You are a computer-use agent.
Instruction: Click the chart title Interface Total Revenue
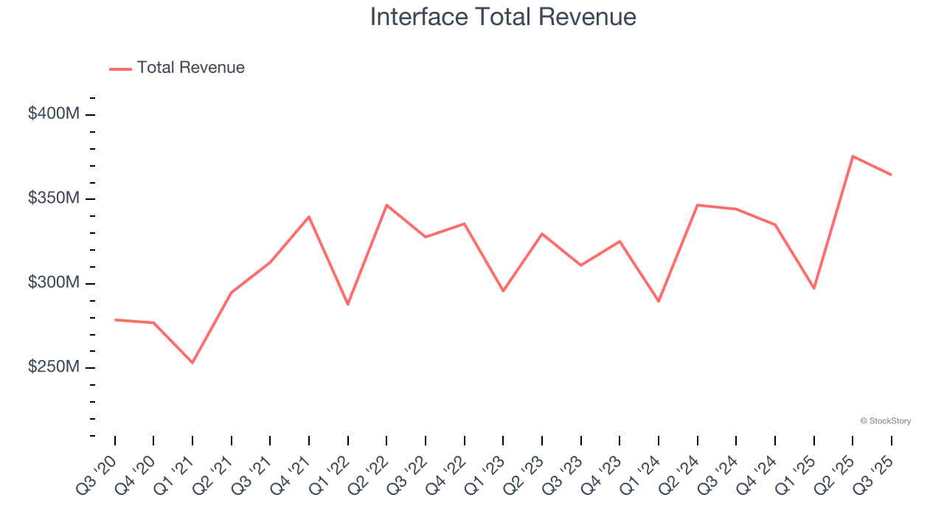point(503,17)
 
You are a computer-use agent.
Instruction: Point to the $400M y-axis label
point(53,114)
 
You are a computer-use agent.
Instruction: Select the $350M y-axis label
point(53,199)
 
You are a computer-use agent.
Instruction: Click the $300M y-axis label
point(53,284)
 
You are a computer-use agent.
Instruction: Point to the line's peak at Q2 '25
point(853,156)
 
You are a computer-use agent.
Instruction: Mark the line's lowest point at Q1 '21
point(192,363)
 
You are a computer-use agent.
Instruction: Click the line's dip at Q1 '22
point(348,304)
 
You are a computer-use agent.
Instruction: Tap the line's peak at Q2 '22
point(386,205)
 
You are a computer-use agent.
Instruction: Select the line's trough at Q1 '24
point(659,301)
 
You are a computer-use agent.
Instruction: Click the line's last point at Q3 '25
point(891,175)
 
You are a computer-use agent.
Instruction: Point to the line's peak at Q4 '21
point(309,217)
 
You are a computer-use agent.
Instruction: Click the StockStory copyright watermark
point(886,421)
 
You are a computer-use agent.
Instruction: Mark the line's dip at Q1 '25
point(813,288)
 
